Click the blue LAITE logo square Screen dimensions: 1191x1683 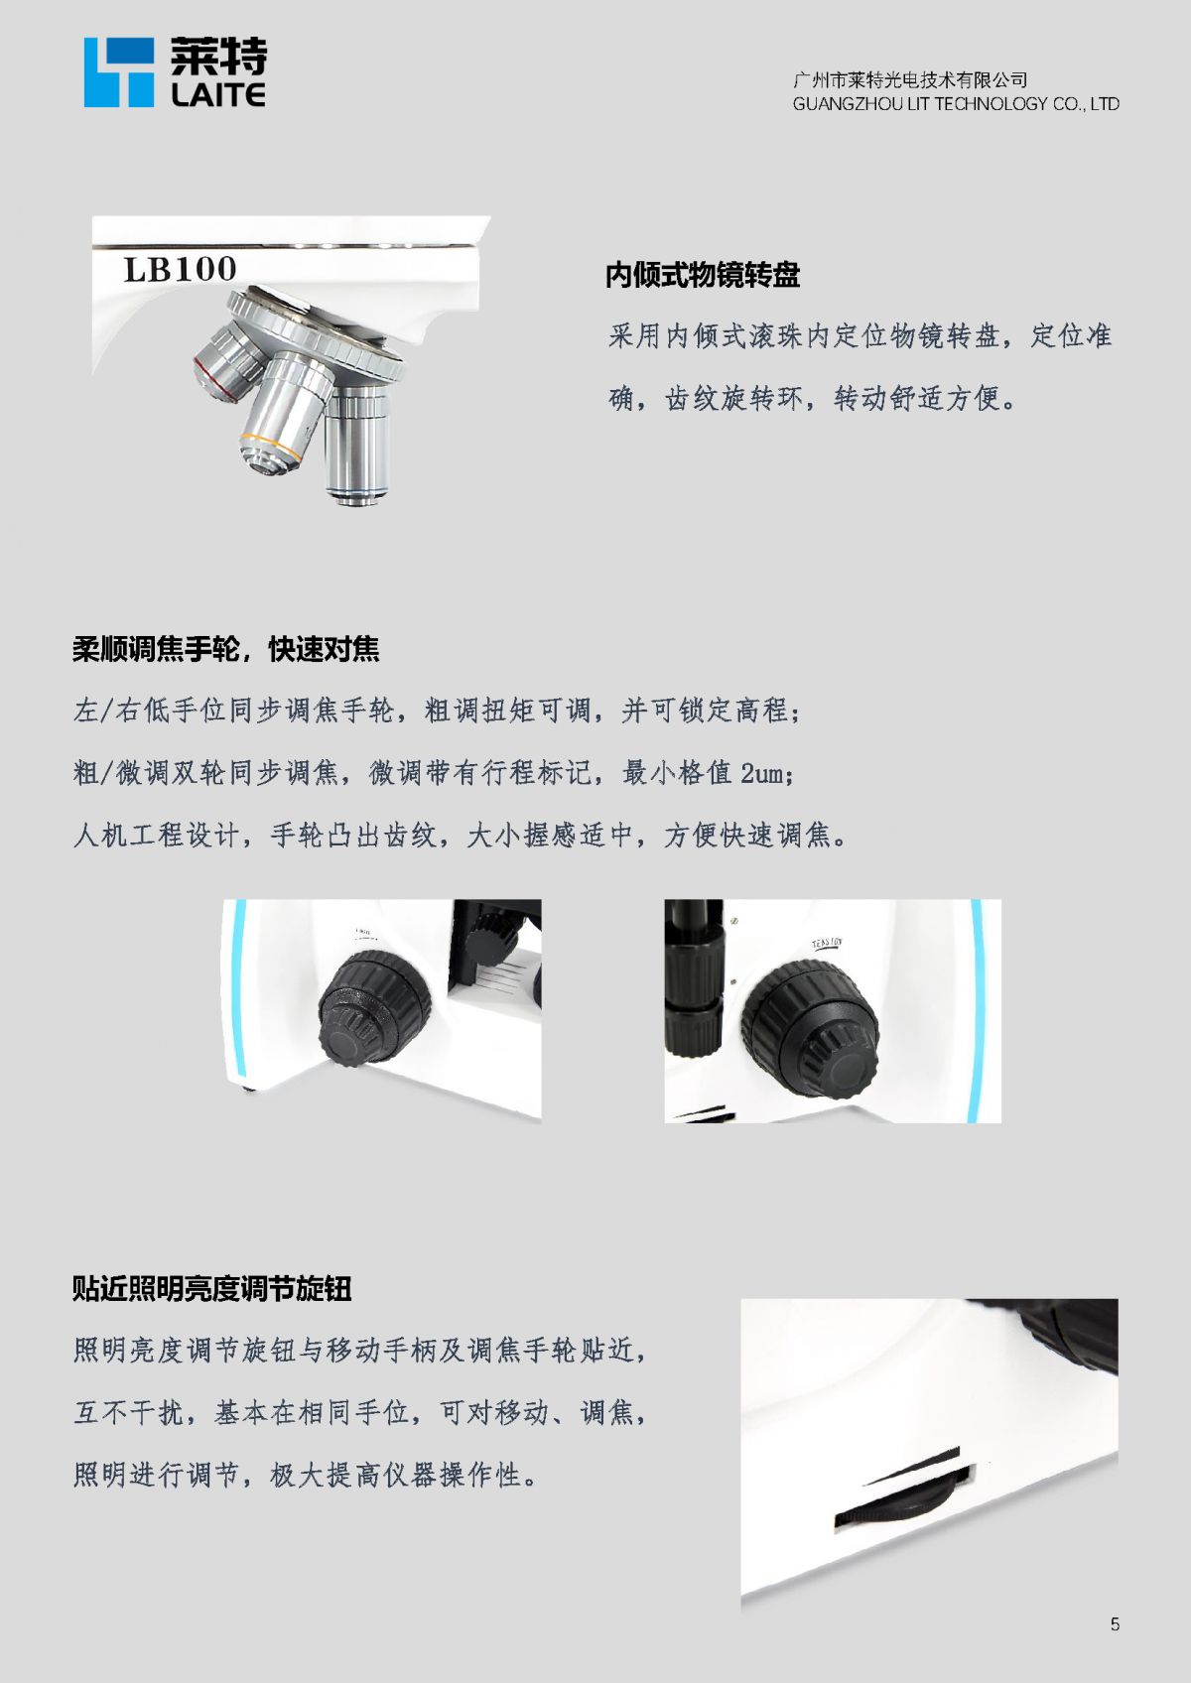click(119, 72)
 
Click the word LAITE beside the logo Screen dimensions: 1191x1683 click(218, 94)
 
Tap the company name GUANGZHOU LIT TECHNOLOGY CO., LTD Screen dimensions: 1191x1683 click(956, 103)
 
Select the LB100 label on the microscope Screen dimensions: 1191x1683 click(180, 269)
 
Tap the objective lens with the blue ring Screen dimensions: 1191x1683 click(357, 444)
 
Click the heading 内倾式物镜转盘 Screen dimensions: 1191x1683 click(703, 275)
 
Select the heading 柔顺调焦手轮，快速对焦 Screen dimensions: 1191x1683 click(225, 648)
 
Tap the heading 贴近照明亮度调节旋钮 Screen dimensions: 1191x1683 click(212, 1288)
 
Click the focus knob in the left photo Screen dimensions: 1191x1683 click(373, 1009)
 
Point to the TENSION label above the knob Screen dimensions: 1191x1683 click(827, 944)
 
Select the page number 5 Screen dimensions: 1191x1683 click(1116, 1624)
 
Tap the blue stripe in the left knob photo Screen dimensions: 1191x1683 click(239, 988)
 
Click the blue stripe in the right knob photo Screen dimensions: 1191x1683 click(976, 1010)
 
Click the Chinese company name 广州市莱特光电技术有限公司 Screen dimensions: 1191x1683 click(910, 79)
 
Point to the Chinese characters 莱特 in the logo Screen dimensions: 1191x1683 click(218, 57)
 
